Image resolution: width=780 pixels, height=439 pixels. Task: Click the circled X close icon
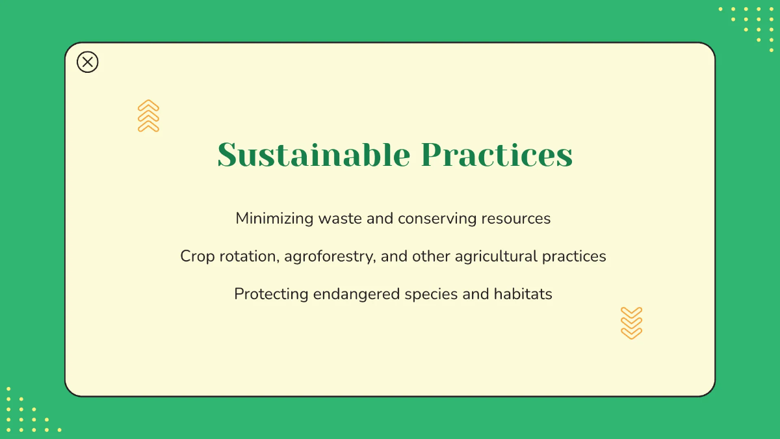[x=88, y=62]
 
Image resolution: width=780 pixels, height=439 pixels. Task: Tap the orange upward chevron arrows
[x=148, y=116]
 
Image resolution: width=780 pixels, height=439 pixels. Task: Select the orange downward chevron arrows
[x=631, y=323]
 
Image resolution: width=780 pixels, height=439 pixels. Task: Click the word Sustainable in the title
[x=313, y=155]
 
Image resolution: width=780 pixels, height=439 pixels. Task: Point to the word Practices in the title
[x=497, y=155]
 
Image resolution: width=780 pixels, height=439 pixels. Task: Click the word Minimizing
[x=274, y=219]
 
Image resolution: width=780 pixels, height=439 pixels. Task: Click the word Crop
[x=197, y=256]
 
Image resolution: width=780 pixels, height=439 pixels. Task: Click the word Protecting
[x=271, y=294]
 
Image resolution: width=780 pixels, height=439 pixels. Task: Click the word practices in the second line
[x=575, y=256]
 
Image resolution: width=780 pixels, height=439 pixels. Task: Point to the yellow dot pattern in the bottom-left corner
[x=29, y=411]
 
